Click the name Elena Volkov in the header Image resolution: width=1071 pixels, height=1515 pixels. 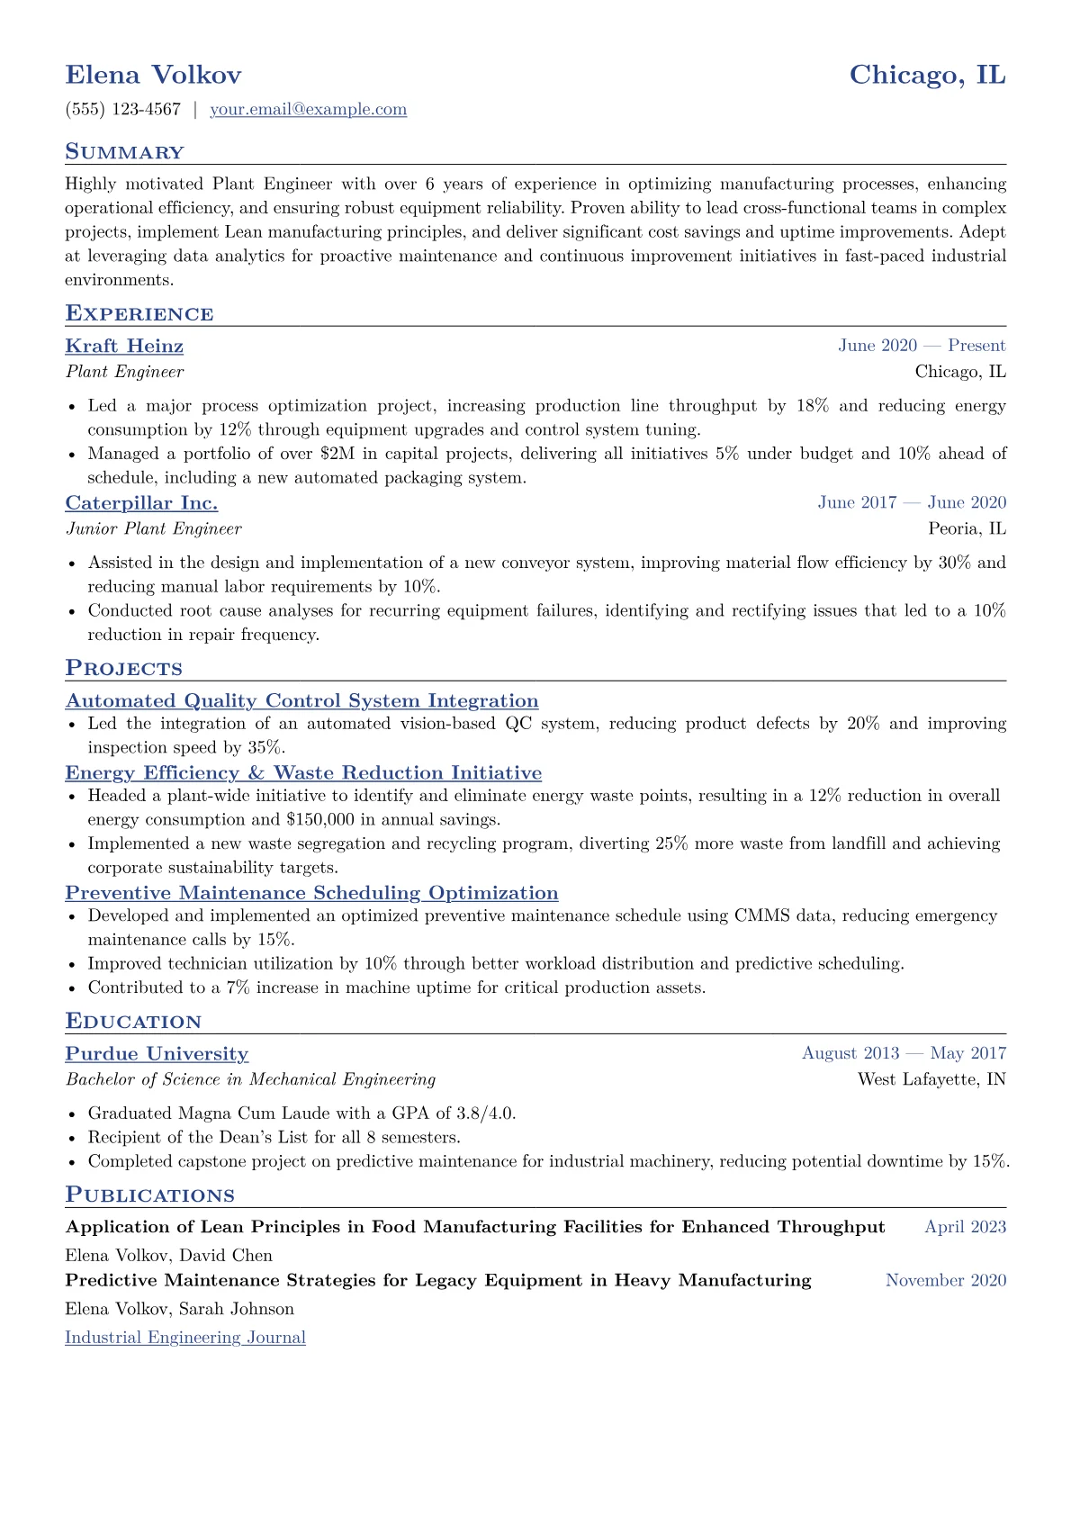pos(153,75)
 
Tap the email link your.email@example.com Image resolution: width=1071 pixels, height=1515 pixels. pos(308,110)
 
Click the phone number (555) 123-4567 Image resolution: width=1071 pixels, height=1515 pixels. pos(123,110)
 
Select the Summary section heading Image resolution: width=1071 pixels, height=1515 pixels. pos(124,152)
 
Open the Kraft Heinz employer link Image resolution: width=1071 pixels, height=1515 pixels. pos(124,347)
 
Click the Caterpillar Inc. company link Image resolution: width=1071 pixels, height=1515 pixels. pos(141,503)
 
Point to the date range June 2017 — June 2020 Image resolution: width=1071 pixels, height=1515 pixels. pos(911,503)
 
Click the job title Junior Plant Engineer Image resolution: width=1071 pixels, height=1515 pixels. pos(153,529)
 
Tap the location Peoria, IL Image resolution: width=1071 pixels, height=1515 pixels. pos(967,529)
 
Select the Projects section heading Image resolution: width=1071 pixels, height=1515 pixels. pos(123,668)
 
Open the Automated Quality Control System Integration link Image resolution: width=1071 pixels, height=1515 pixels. pos(301,701)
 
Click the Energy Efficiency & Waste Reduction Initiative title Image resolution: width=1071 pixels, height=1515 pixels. pos(303,773)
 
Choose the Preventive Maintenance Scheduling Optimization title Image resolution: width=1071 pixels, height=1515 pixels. pos(311,893)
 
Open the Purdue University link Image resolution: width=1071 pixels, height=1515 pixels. pos(157,1054)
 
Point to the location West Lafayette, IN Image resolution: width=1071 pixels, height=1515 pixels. pos(931,1079)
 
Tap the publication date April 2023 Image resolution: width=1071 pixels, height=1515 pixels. pos(965,1227)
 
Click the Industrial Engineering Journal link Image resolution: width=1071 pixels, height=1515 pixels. pos(185,1338)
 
